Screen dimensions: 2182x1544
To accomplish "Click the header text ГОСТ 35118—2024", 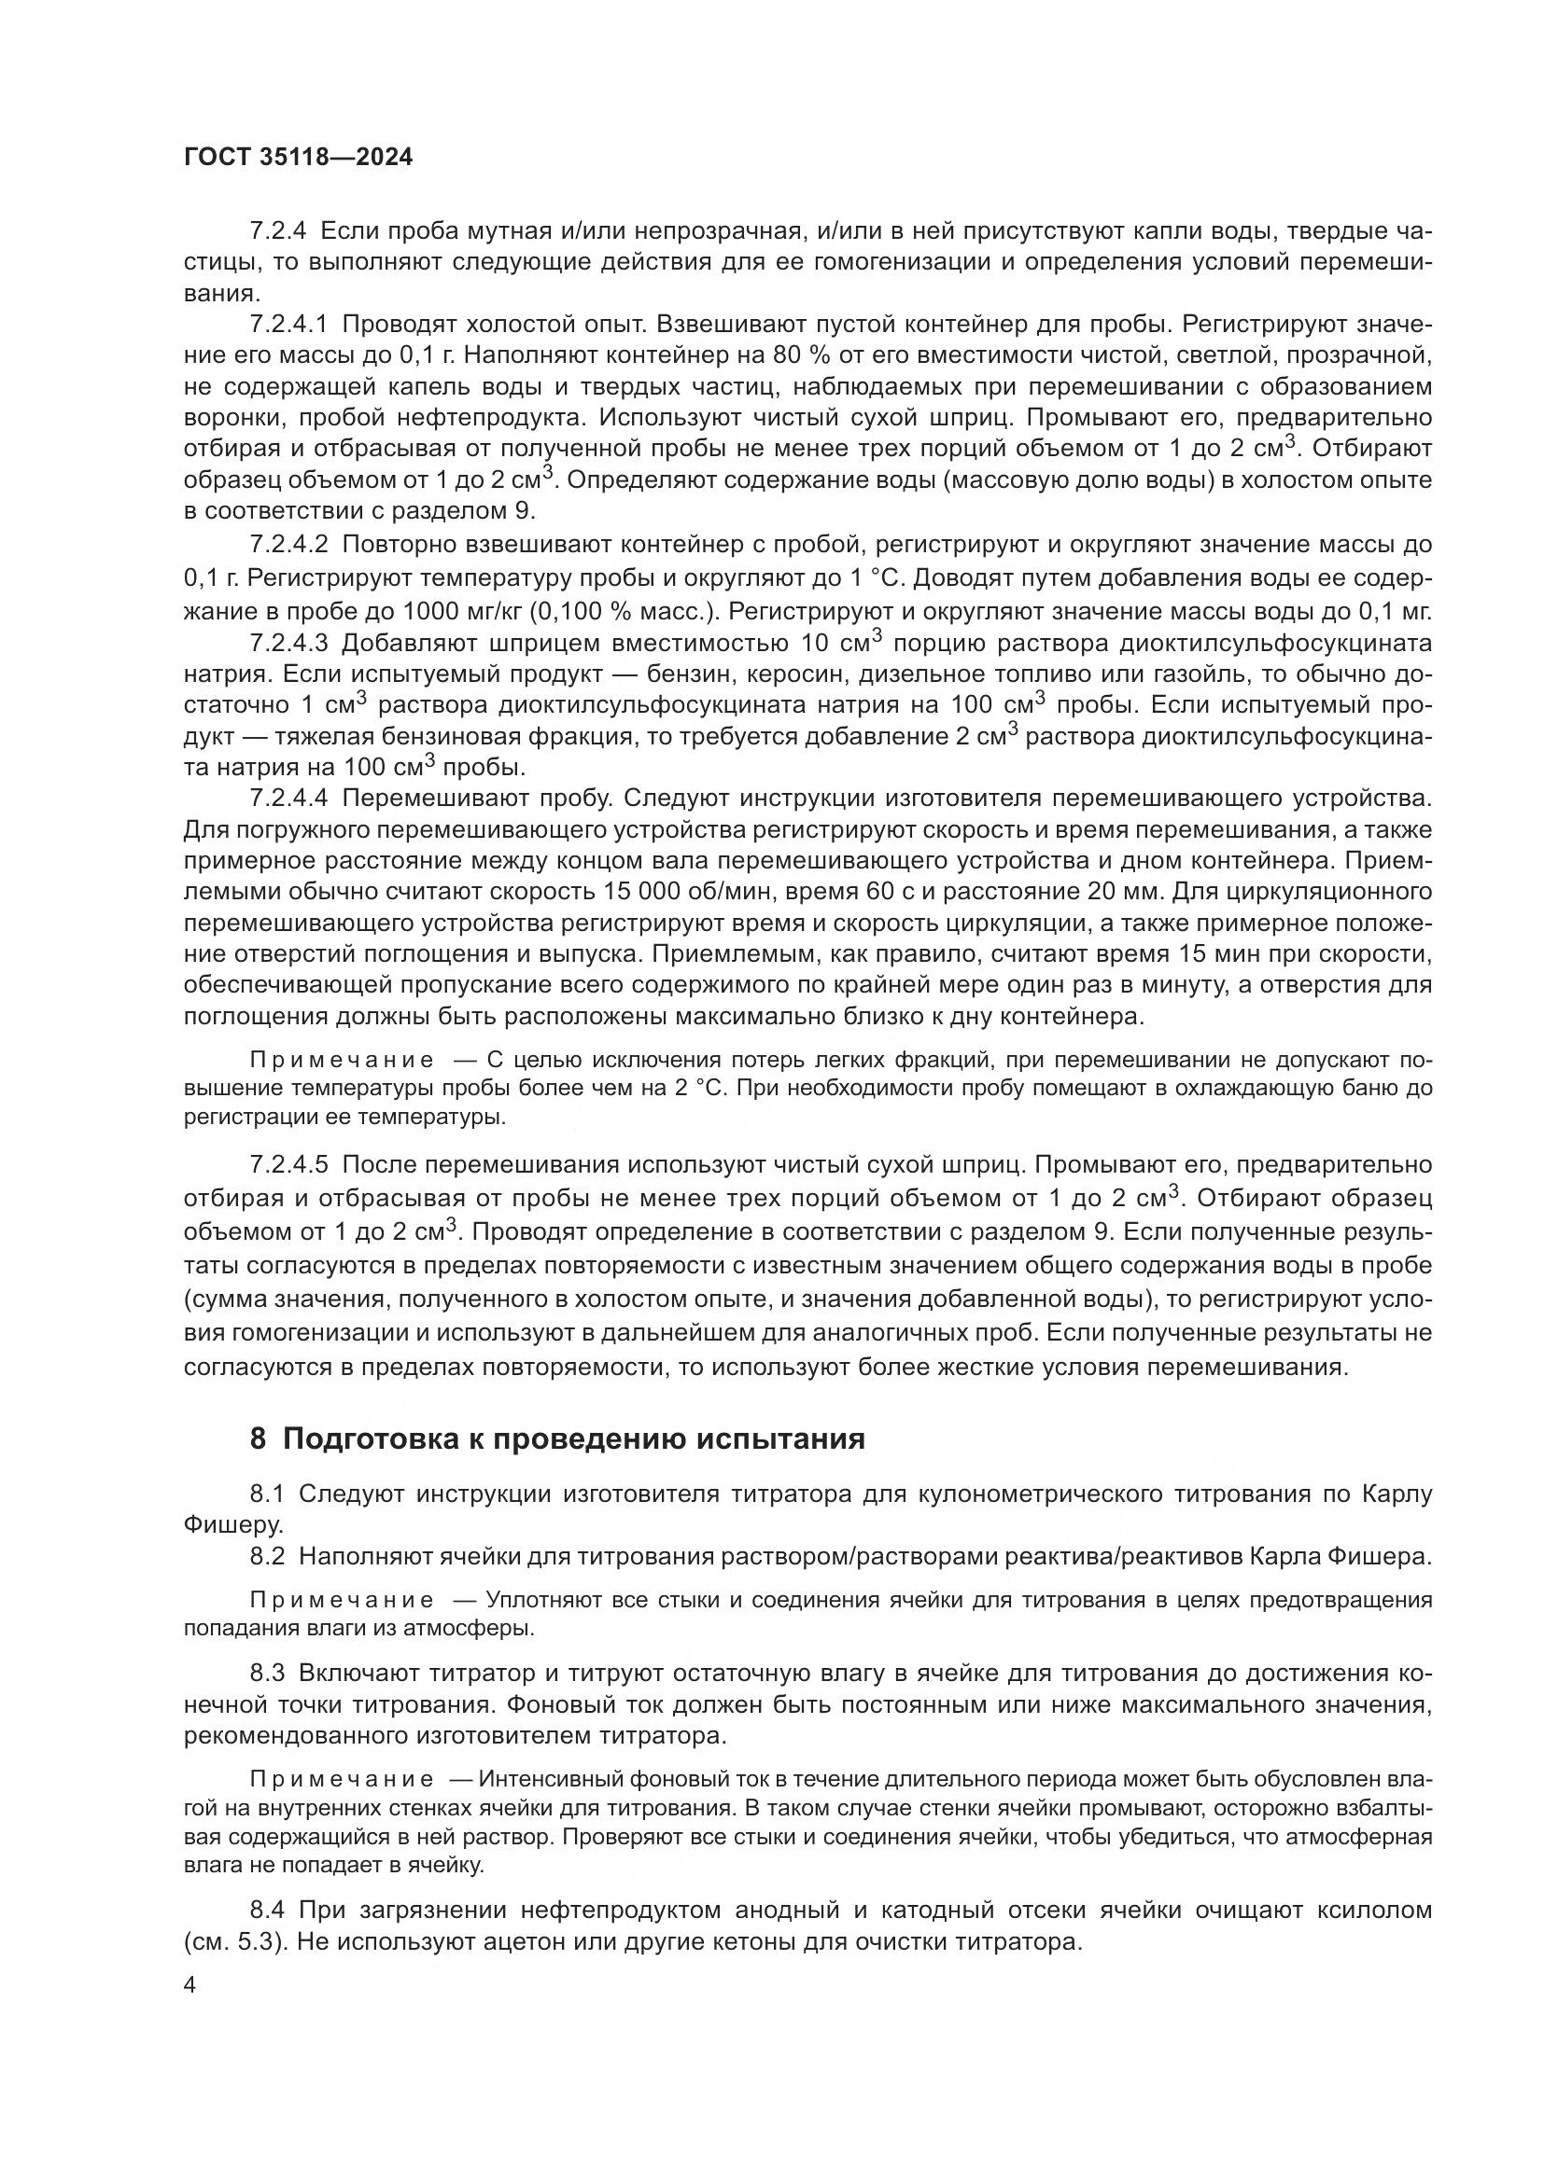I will click(x=299, y=158).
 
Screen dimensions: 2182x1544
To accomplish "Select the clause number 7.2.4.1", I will click(x=288, y=325).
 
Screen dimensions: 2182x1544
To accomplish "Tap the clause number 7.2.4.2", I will click(x=288, y=545).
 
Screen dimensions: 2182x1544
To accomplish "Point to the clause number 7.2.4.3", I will click(x=288, y=644).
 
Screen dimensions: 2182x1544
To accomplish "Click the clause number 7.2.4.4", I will click(x=288, y=797).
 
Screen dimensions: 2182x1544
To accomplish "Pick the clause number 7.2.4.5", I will click(x=288, y=1165).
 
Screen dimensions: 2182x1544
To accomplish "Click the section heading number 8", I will click(x=258, y=1439).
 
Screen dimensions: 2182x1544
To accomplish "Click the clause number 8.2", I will click(x=267, y=1557).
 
